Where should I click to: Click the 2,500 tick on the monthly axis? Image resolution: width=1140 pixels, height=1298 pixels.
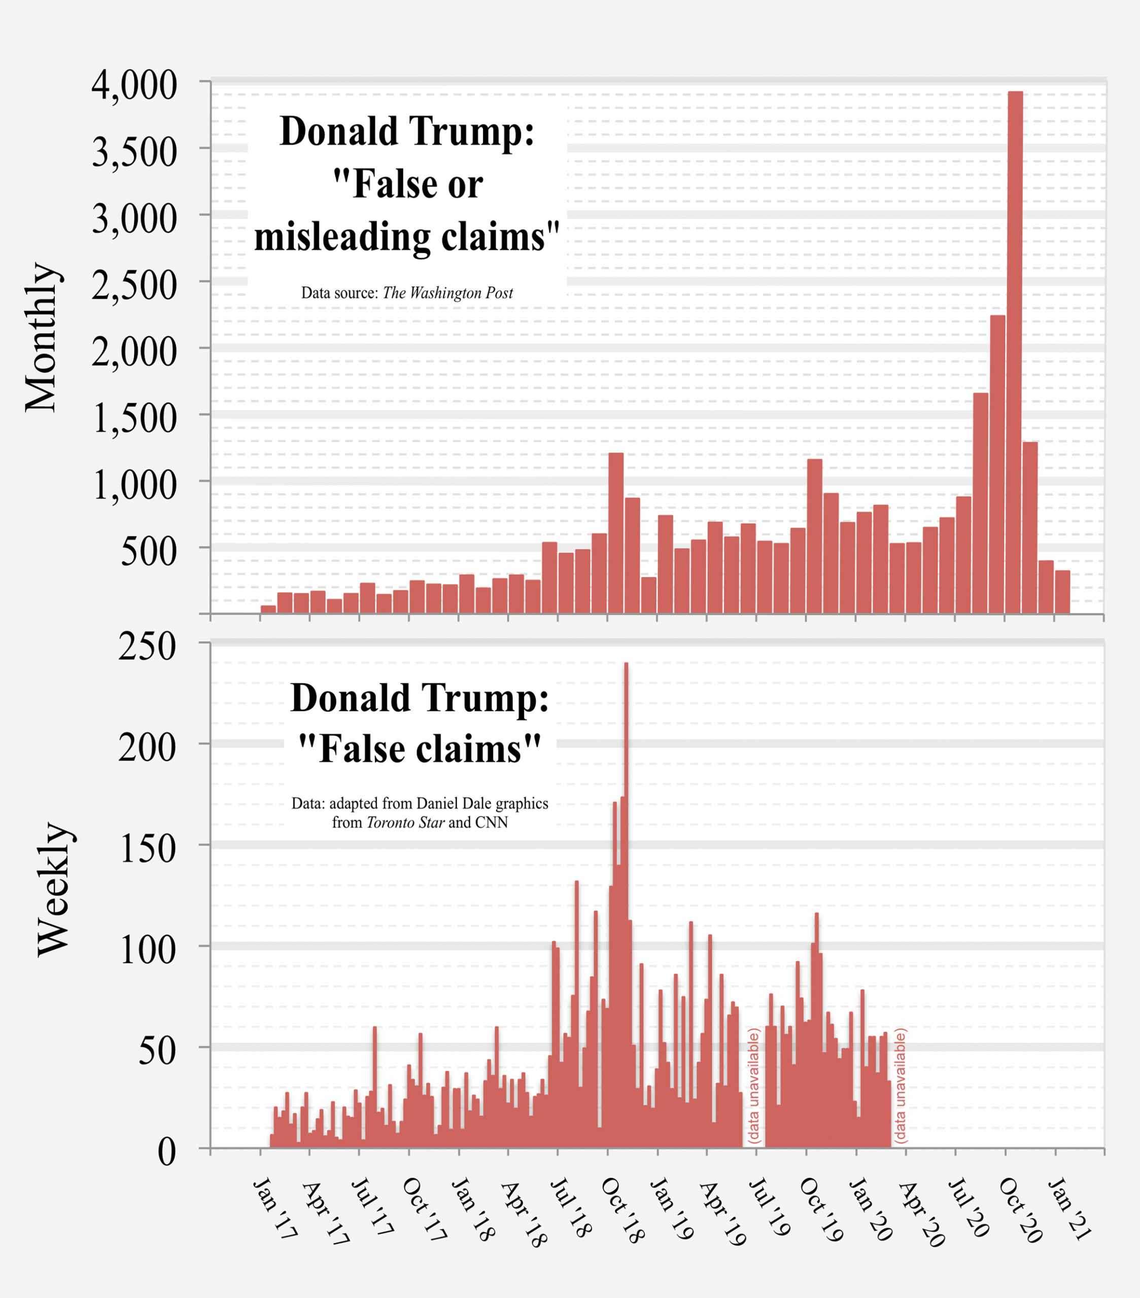pos(134,285)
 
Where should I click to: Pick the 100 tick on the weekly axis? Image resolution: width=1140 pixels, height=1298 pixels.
pos(147,951)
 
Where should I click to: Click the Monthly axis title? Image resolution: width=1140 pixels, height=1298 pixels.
pos(42,337)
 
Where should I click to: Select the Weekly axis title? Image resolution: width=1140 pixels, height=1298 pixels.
pos(53,889)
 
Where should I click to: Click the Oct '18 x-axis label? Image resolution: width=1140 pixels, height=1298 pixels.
pos(622,1209)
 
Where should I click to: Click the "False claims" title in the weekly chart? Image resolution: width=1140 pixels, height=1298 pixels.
pos(420,749)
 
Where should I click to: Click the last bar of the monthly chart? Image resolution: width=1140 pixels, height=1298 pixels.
pos(1062,592)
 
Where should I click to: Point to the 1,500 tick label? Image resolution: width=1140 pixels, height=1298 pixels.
pos(134,418)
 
